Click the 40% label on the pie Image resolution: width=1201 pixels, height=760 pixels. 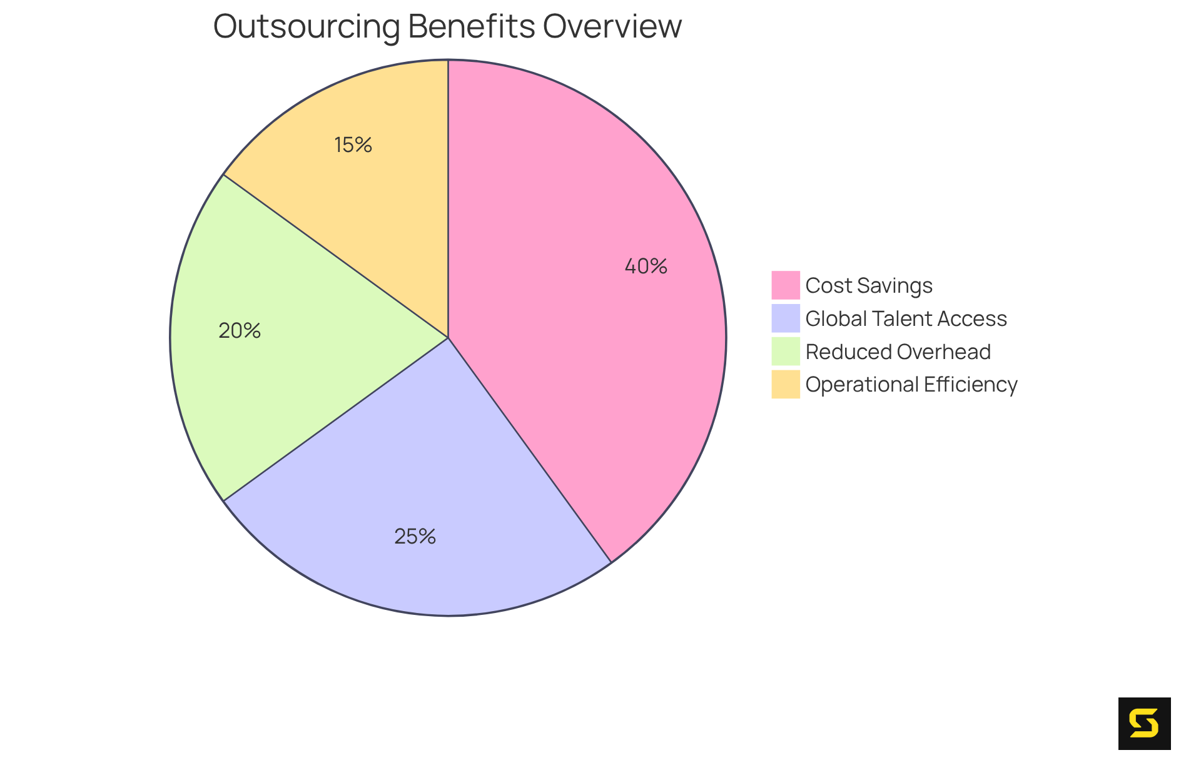(x=646, y=266)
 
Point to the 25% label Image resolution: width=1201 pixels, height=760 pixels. (x=415, y=537)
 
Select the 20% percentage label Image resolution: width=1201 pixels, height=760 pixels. (x=240, y=331)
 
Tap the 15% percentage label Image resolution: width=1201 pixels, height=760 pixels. (x=353, y=145)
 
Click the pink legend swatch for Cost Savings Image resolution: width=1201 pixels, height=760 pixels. (x=785, y=285)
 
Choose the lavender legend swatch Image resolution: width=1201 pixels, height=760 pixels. (x=785, y=318)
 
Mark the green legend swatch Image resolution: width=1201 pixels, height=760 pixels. (x=785, y=352)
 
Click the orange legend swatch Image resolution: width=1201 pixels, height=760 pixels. (x=785, y=384)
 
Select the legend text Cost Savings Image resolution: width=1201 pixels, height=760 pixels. (x=869, y=286)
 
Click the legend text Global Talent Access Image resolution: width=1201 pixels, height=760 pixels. (x=906, y=319)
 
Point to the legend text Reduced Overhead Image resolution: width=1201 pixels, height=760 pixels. (x=898, y=352)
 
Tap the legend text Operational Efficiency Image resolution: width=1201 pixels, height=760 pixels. (x=911, y=385)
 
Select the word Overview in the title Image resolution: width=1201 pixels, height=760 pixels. (x=612, y=27)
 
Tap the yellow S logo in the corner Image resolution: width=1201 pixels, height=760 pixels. (x=1144, y=723)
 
